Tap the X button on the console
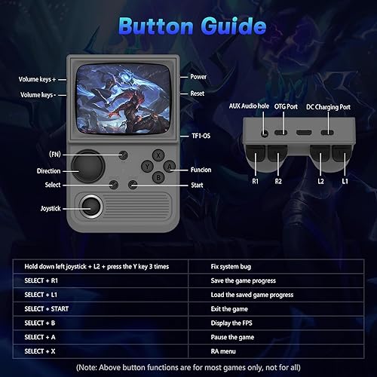point(157,154)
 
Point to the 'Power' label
point(198,77)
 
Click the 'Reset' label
point(198,93)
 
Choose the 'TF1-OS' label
point(200,136)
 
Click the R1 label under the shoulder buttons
point(256,182)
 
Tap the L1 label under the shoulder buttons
point(345,182)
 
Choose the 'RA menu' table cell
point(228,351)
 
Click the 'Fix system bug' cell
point(235,266)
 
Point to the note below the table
point(190,367)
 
